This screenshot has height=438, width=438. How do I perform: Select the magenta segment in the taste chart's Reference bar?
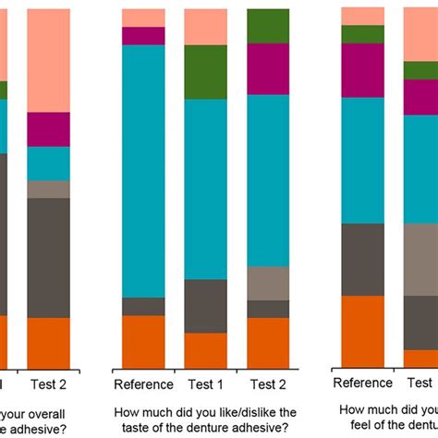pos(143,36)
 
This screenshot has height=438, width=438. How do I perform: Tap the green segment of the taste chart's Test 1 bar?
pos(205,72)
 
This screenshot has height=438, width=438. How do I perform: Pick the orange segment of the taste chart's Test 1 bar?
pos(205,351)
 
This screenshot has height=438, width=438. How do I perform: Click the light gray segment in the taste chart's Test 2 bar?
pos(267,283)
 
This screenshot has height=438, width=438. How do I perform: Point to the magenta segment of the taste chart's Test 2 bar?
pos(267,68)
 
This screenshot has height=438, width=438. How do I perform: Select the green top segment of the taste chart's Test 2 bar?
pos(267,26)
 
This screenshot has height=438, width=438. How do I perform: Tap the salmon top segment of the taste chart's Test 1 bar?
pos(205,27)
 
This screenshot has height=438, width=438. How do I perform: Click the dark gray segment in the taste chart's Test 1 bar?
pos(205,306)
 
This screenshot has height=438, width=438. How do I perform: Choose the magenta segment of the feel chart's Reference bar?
pos(362,70)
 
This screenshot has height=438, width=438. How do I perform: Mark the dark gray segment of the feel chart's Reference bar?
pos(362,260)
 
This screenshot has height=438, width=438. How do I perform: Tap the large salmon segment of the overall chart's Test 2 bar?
pos(48,60)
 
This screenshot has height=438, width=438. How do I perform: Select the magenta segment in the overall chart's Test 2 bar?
pos(48,129)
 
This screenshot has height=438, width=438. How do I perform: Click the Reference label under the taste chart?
pos(143,384)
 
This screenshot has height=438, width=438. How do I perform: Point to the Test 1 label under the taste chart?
pos(205,384)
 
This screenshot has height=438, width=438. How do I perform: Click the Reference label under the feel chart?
pos(362,383)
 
